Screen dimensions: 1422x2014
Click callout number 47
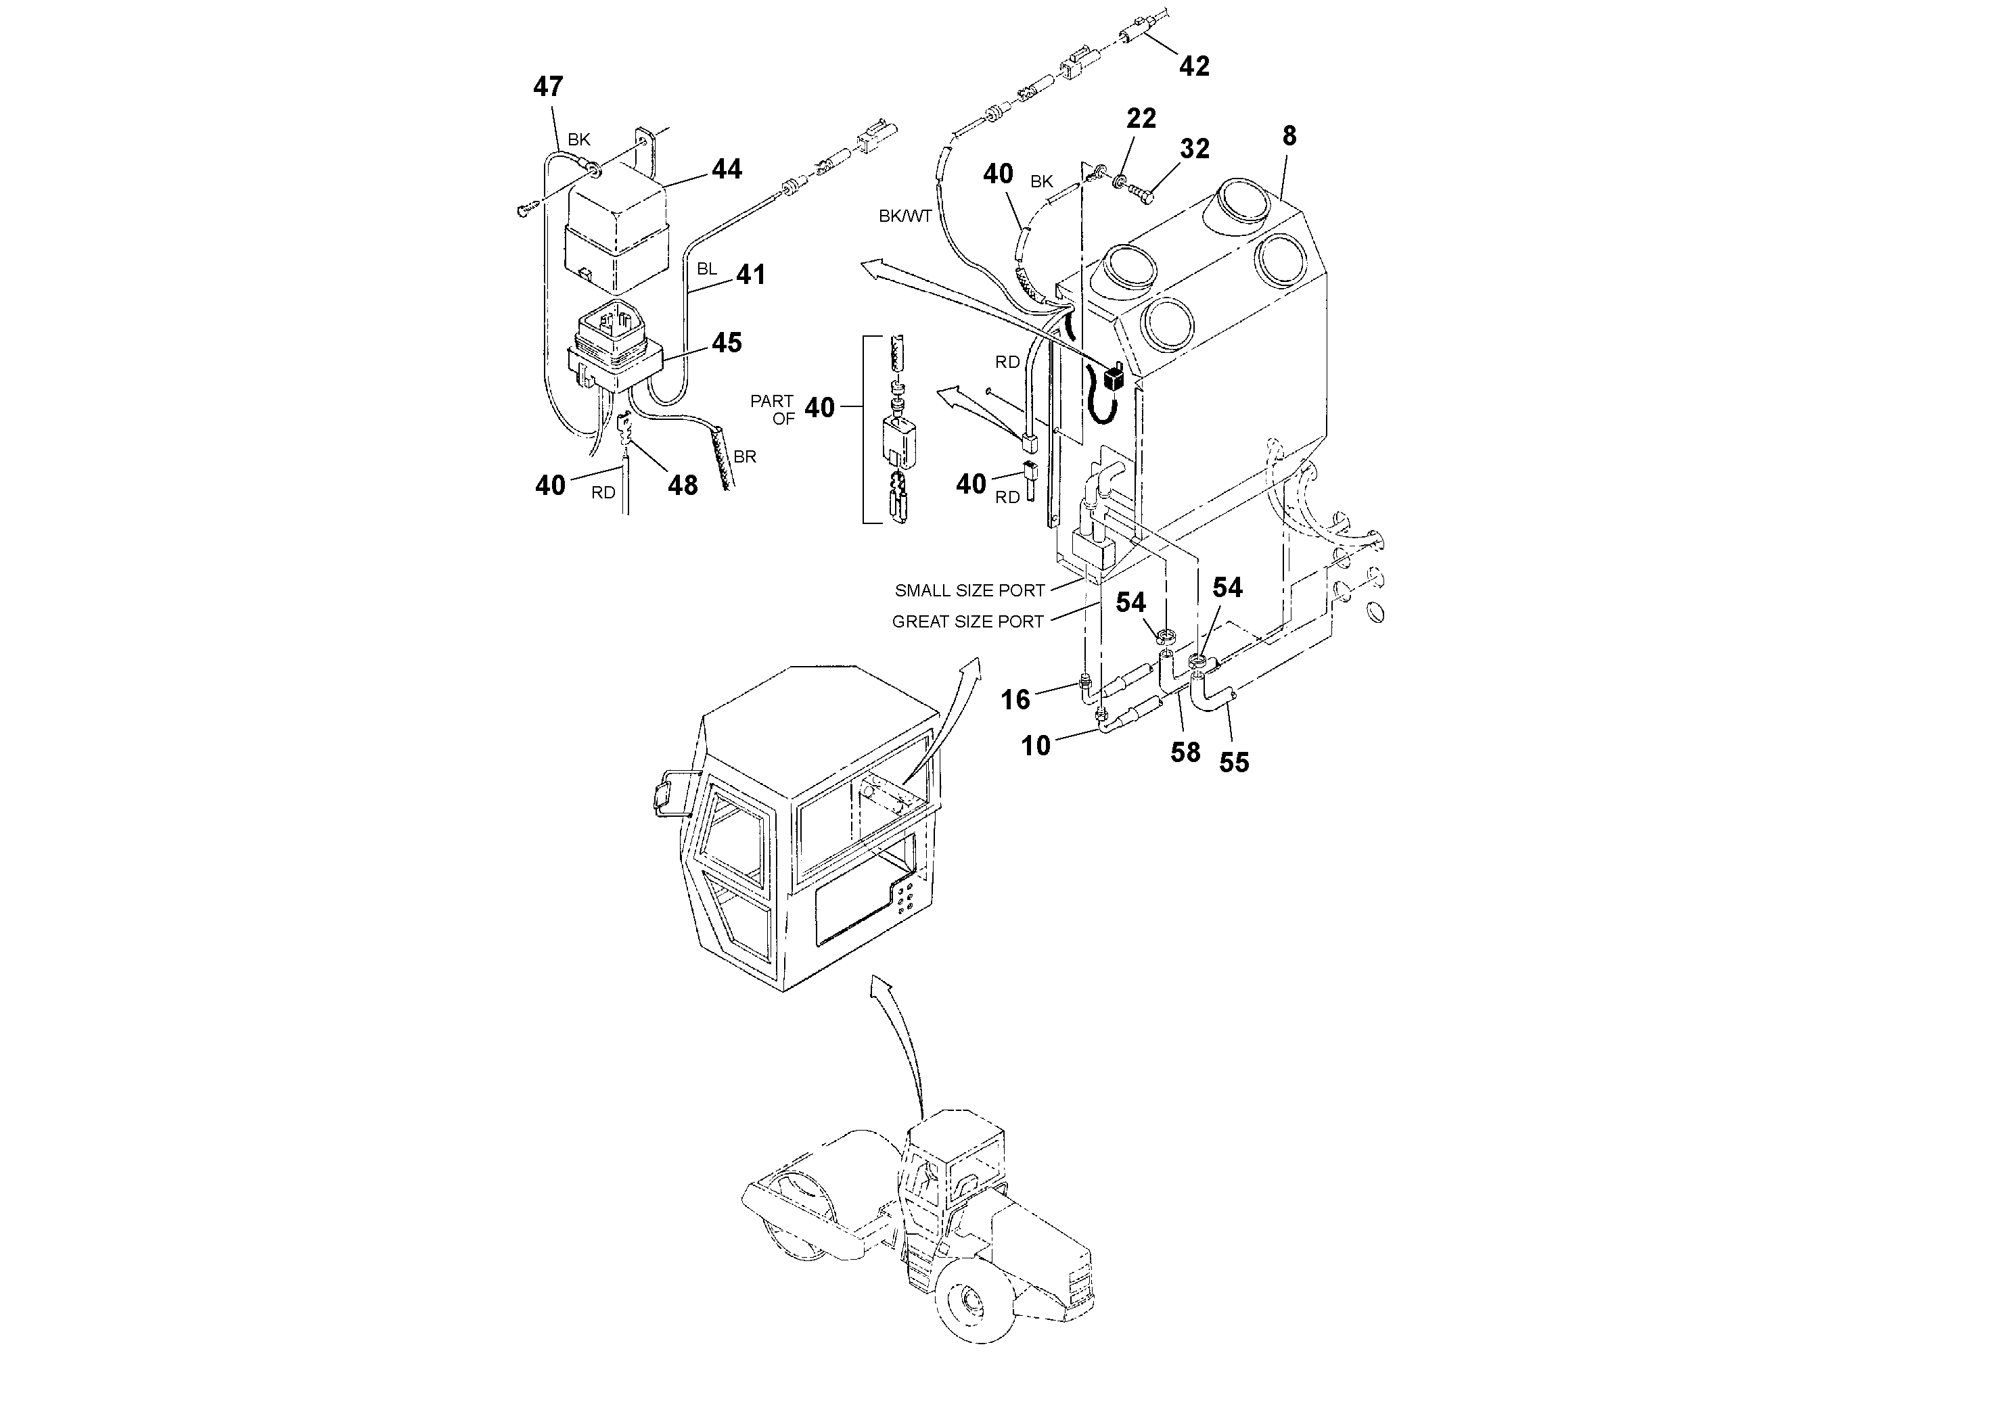click(x=548, y=87)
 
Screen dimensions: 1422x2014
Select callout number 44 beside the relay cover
click(x=727, y=169)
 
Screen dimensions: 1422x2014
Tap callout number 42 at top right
click(x=1194, y=66)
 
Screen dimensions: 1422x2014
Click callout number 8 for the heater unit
click(x=1289, y=136)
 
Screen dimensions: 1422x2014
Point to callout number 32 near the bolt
click(x=1195, y=149)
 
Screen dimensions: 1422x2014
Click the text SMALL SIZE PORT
click(x=969, y=591)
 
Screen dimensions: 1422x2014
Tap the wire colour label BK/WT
click(x=905, y=216)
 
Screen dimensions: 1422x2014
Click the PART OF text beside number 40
click(x=772, y=409)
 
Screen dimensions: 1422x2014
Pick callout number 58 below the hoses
click(x=1185, y=752)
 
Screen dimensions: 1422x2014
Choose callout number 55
click(x=1233, y=763)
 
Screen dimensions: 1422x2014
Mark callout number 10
click(x=1036, y=746)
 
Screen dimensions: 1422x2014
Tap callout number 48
click(x=683, y=485)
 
